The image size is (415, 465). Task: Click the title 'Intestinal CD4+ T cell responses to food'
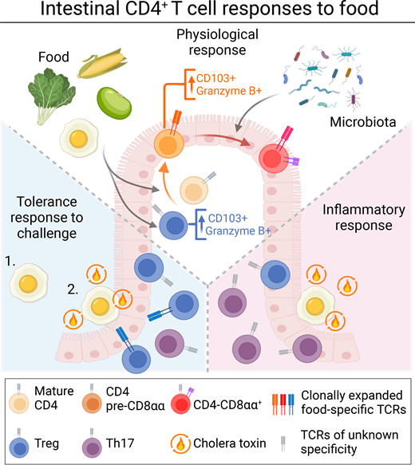point(207,14)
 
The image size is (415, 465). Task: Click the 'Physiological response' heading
point(208,46)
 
